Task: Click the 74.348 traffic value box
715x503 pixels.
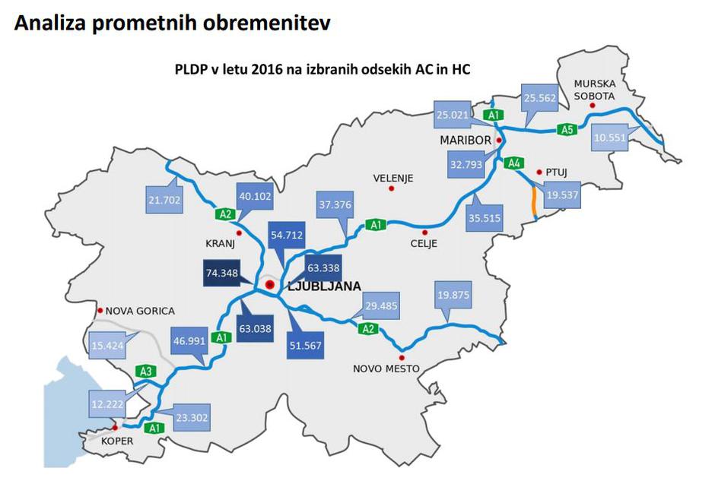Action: [x=225, y=272]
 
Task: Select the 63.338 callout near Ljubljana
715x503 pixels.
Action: [x=323, y=267]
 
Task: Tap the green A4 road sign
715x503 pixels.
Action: [x=513, y=163]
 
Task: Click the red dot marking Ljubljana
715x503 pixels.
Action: [x=269, y=285]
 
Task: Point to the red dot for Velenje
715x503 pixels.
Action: [x=392, y=188]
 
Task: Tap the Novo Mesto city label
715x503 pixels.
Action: [x=386, y=369]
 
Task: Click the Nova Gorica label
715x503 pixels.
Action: [x=139, y=311]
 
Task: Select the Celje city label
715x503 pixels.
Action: [x=424, y=244]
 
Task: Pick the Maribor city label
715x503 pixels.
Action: [x=466, y=141]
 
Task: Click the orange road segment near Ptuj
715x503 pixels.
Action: [x=534, y=202]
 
